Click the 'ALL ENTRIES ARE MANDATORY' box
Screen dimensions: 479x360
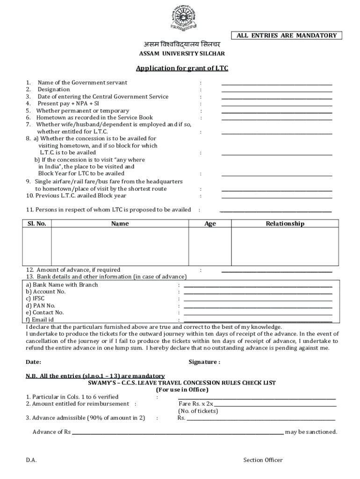pyautogui.click(x=287, y=36)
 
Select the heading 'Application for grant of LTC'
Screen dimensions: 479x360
pyautogui.click(x=182, y=69)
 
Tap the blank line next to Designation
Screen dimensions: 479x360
pyautogui.click(x=276, y=91)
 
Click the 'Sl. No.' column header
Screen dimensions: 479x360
pyautogui.click(x=36, y=224)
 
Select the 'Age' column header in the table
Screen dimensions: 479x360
pyautogui.click(x=210, y=224)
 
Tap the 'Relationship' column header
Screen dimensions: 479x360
pyautogui.click(x=285, y=224)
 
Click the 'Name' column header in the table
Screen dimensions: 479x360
pyautogui.click(x=120, y=224)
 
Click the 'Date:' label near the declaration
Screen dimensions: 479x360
pyautogui.click(x=34, y=362)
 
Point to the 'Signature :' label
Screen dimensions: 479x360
pyautogui.click(x=204, y=362)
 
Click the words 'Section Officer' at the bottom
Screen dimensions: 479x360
pyautogui.click(x=263, y=460)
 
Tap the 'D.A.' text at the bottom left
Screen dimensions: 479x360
pyautogui.click(x=31, y=460)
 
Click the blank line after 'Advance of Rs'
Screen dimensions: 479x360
pyautogui.click(x=178, y=434)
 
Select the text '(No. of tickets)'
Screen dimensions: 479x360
pyautogui.click(x=198, y=411)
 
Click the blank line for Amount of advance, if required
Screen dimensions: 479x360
pyautogui.click(x=276, y=272)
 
